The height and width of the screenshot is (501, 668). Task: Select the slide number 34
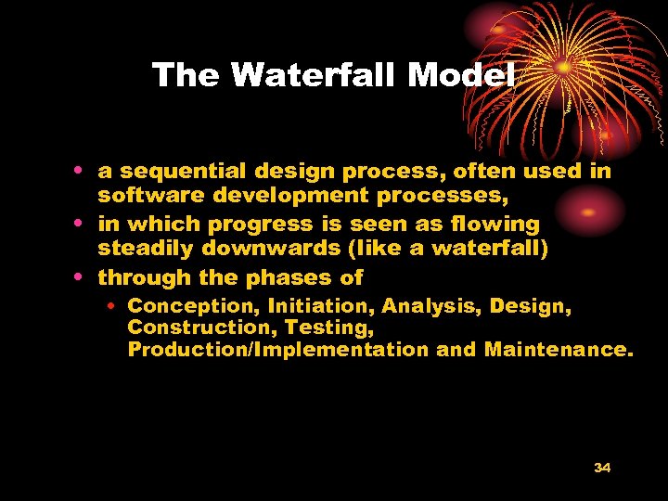coord(601,468)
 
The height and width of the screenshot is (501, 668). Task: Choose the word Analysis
coord(430,305)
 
